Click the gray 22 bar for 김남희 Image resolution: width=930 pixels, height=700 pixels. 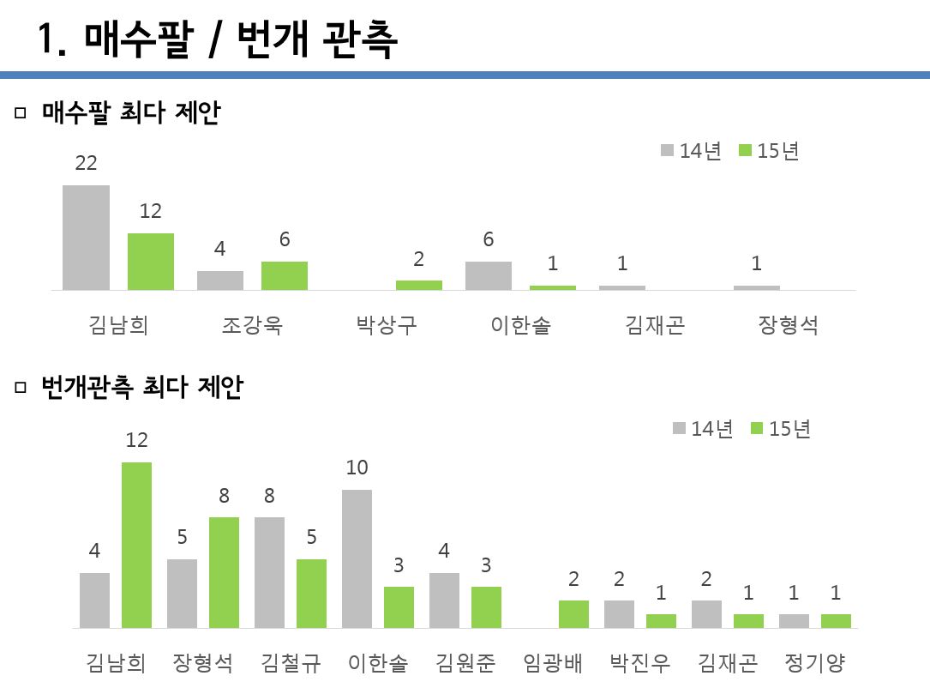click(86, 238)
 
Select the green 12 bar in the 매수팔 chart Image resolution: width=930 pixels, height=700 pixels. click(151, 262)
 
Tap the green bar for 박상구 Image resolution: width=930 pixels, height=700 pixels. click(419, 285)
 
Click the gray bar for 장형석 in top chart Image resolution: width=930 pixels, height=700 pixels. click(757, 287)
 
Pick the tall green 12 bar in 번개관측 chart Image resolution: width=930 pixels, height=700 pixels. click(136, 545)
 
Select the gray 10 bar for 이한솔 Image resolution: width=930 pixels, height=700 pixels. click(357, 558)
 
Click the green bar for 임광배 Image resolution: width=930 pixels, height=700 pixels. click(573, 614)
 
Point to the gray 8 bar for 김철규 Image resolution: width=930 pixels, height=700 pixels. click(269, 572)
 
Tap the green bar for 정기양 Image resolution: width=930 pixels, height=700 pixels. click(836, 621)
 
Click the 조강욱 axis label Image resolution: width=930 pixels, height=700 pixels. click(252, 326)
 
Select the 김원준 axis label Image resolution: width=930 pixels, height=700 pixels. click(465, 664)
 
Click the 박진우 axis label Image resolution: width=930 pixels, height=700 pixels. click(640, 664)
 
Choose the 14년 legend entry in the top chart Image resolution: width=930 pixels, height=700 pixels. click(692, 151)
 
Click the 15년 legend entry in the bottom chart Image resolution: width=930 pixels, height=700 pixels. click(781, 429)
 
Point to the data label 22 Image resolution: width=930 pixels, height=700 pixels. click(86, 163)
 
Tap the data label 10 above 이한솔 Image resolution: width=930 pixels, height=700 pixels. click(357, 468)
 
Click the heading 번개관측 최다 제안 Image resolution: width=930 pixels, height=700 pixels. click(141, 388)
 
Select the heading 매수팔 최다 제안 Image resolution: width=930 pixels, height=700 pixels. click(130, 112)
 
